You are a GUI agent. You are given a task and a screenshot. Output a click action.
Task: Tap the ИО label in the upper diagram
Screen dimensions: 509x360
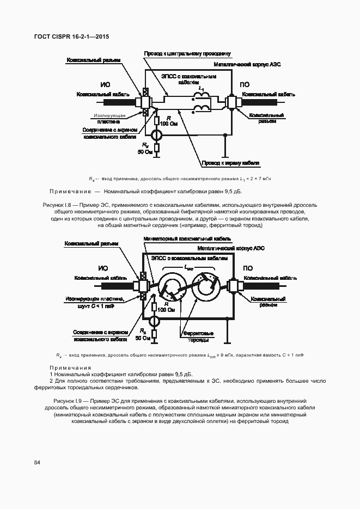[106, 85]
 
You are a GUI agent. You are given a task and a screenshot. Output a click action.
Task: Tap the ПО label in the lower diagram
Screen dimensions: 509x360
[247, 268]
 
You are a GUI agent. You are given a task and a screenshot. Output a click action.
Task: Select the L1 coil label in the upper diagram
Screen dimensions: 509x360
[202, 87]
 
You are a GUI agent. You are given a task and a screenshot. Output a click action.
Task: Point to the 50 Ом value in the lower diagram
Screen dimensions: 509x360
[143, 338]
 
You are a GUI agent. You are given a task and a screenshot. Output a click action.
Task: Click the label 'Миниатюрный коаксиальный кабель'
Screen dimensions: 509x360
[187, 239]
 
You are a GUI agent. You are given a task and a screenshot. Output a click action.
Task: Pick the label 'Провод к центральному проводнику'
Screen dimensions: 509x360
[187, 54]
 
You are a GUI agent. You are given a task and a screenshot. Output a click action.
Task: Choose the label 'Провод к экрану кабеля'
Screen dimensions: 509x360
[230, 162]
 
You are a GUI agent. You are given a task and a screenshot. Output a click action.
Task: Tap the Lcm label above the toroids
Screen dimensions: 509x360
[189, 267]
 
